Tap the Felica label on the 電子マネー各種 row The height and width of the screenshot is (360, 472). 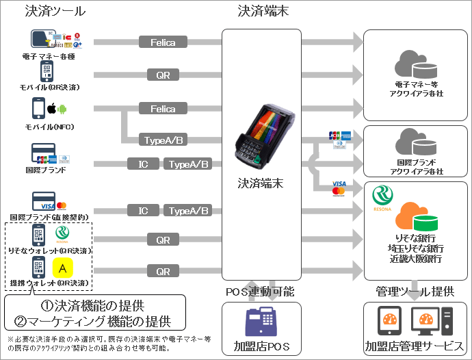163,42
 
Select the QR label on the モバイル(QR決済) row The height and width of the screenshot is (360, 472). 163,75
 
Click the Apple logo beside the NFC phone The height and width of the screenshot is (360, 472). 50,108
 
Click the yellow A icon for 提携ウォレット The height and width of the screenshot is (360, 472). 62,266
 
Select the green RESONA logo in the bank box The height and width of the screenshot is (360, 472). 381,198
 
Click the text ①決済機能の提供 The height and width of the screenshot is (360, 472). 94,305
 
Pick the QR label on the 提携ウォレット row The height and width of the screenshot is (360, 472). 163,271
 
